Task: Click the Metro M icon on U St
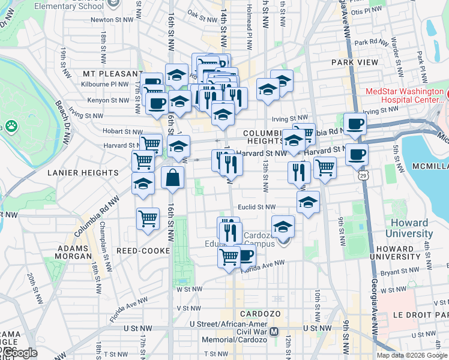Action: click(x=274, y=331)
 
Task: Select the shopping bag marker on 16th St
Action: click(x=172, y=178)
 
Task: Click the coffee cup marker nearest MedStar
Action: click(x=355, y=124)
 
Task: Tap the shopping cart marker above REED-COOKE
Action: click(x=148, y=219)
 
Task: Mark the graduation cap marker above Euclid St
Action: click(x=308, y=202)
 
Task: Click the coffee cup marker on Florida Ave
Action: click(x=245, y=256)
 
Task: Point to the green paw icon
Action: click(x=11, y=126)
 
